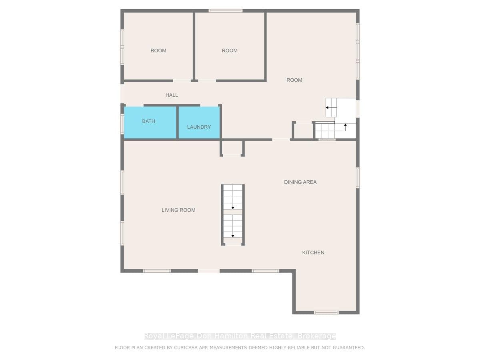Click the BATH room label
[148, 121]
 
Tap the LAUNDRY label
[199, 127]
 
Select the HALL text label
[172, 95]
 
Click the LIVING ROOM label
[178, 210]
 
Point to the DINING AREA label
[300, 182]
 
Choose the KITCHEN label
[313, 252]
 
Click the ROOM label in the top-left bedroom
[158, 50]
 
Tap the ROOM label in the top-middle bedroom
[230, 50]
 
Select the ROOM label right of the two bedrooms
[294, 80]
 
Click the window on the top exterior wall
[226, 11]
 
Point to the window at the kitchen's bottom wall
[326, 312]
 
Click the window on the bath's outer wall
[122, 124]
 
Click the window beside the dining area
[358, 178]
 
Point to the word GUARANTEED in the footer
[350, 348]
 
